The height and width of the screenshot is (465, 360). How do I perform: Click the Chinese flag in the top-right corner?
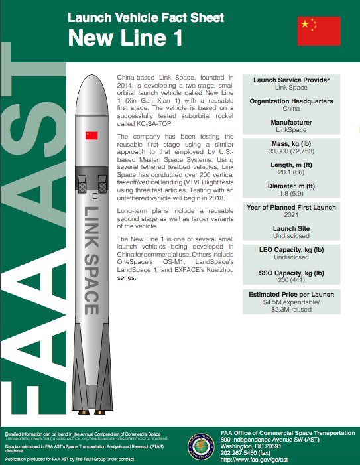(x=319, y=31)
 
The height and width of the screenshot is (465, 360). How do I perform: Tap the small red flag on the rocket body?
(x=91, y=135)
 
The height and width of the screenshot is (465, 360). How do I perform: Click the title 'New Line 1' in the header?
(x=126, y=39)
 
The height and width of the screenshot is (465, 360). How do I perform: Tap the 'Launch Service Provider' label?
(x=292, y=80)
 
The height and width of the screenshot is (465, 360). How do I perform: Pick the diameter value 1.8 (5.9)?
(x=292, y=195)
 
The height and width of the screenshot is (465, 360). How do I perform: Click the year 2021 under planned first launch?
(x=292, y=216)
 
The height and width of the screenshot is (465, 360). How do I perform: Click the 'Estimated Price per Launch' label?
(x=292, y=294)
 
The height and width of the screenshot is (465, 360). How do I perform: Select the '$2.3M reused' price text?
(x=292, y=308)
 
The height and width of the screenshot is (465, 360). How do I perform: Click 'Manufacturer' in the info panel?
(x=292, y=123)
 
